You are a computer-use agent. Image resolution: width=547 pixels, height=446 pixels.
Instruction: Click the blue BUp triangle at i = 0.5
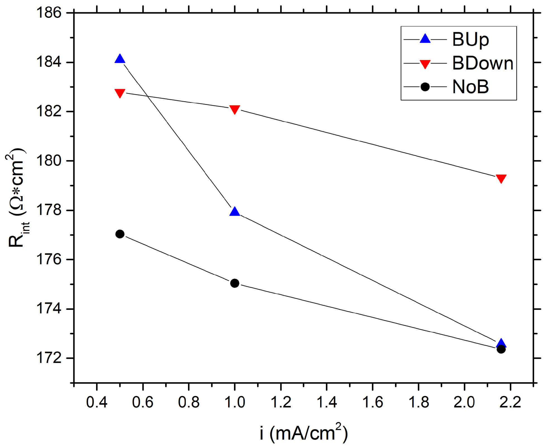(x=120, y=59)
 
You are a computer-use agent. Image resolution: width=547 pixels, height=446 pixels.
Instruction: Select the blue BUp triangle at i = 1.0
(x=235, y=212)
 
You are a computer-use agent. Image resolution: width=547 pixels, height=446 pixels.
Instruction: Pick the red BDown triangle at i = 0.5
(x=120, y=93)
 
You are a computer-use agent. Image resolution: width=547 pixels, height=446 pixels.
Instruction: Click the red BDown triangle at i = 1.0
(x=235, y=110)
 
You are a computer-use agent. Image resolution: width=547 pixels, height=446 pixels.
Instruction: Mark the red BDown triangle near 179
(x=501, y=178)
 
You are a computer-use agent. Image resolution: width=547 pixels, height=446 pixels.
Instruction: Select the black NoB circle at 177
(x=120, y=234)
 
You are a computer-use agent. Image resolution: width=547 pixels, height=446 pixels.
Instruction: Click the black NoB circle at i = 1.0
(x=235, y=283)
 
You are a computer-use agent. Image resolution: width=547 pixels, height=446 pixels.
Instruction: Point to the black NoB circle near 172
(x=501, y=349)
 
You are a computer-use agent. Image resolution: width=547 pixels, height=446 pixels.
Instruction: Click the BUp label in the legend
(x=470, y=40)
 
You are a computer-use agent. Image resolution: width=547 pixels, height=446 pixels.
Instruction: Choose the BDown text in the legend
(x=482, y=63)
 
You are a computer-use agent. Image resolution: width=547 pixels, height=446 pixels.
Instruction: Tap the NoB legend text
(x=470, y=87)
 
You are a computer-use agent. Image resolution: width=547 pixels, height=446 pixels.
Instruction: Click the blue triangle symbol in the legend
(x=425, y=39)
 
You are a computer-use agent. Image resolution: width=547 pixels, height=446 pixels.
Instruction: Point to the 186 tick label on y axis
(x=49, y=13)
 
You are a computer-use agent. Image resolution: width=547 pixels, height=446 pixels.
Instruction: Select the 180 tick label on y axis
(x=49, y=161)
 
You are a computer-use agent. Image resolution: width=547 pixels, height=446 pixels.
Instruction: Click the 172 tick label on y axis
(x=49, y=358)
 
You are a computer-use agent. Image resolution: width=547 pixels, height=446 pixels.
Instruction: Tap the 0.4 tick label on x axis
(x=97, y=403)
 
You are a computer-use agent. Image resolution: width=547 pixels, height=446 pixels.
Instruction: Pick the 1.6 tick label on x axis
(x=373, y=403)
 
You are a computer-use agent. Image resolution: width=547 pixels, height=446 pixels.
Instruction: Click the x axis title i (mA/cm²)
(x=304, y=433)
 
